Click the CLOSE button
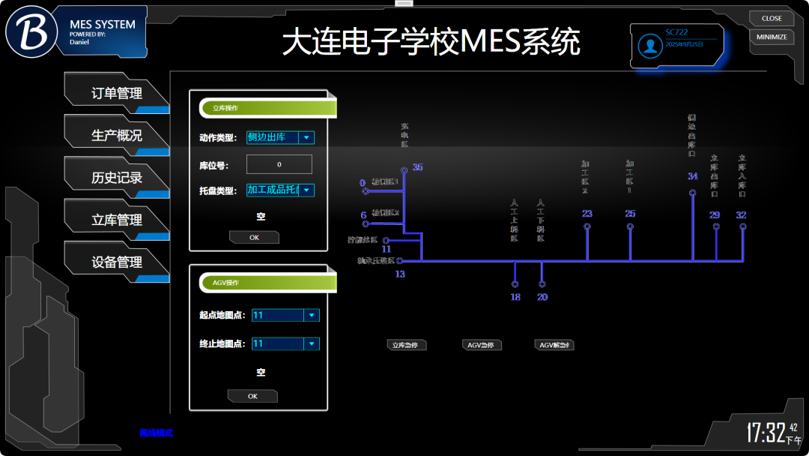click(772, 18)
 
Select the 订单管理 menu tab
click(116, 94)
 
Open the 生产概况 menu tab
click(116, 136)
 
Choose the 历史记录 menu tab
click(116, 178)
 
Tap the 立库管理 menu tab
click(116, 220)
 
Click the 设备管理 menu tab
click(116, 262)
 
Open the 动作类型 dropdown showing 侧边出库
click(280, 137)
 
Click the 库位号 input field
click(279, 164)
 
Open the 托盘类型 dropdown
click(280, 190)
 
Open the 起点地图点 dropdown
click(285, 315)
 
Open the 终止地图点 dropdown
click(285, 343)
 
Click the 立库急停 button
click(407, 345)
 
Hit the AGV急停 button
click(482, 345)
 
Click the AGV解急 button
click(554, 345)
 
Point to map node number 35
click(404, 170)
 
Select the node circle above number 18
click(515, 284)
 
